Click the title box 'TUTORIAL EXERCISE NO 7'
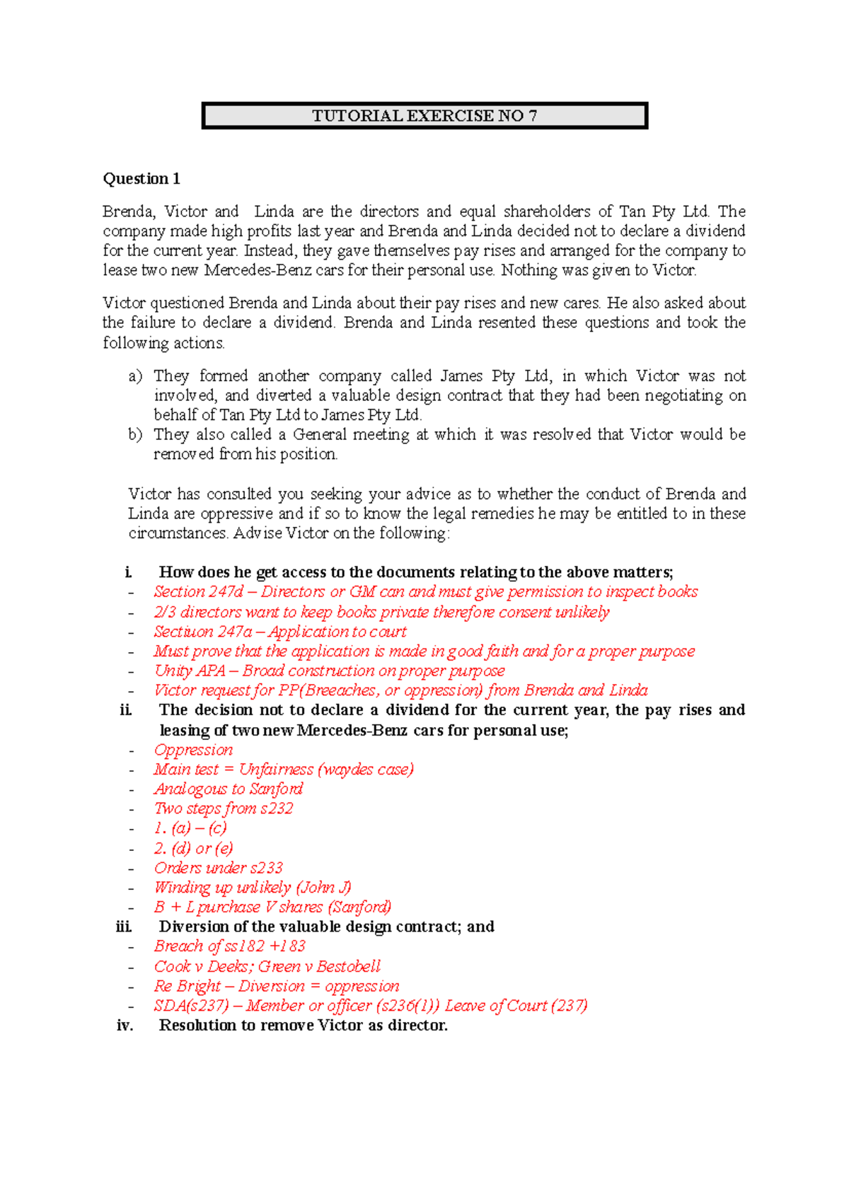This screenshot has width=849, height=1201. pos(424,116)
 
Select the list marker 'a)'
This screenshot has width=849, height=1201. pos(135,376)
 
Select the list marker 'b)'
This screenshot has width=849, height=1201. pos(135,434)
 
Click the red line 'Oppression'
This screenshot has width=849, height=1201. pos(193,750)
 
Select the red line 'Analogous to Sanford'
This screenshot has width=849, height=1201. pos(229,789)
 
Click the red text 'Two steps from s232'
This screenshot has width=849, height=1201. pos(224,808)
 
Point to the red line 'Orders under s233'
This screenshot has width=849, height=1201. pos(219,868)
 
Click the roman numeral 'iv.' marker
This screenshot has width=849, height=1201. pos(125,1026)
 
